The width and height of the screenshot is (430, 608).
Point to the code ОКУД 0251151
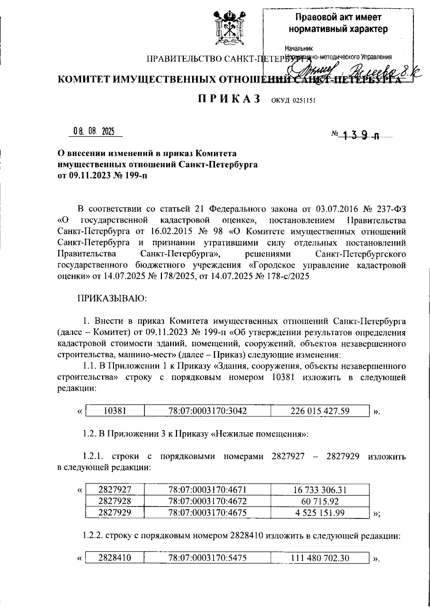pyautogui.click(x=293, y=101)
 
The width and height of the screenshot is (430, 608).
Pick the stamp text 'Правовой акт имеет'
pyautogui.click(x=338, y=17)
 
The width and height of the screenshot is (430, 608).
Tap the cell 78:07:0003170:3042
pyautogui.click(x=207, y=411)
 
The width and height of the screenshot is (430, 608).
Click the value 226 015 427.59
pyautogui.click(x=320, y=411)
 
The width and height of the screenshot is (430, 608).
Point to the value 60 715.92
pyautogui.click(x=320, y=501)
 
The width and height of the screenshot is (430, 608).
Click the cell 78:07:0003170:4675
pyautogui.click(x=207, y=513)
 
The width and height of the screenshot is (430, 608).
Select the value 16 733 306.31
pyautogui.click(x=320, y=490)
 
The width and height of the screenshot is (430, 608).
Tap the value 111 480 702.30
pyautogui.click(x=320, y=558)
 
